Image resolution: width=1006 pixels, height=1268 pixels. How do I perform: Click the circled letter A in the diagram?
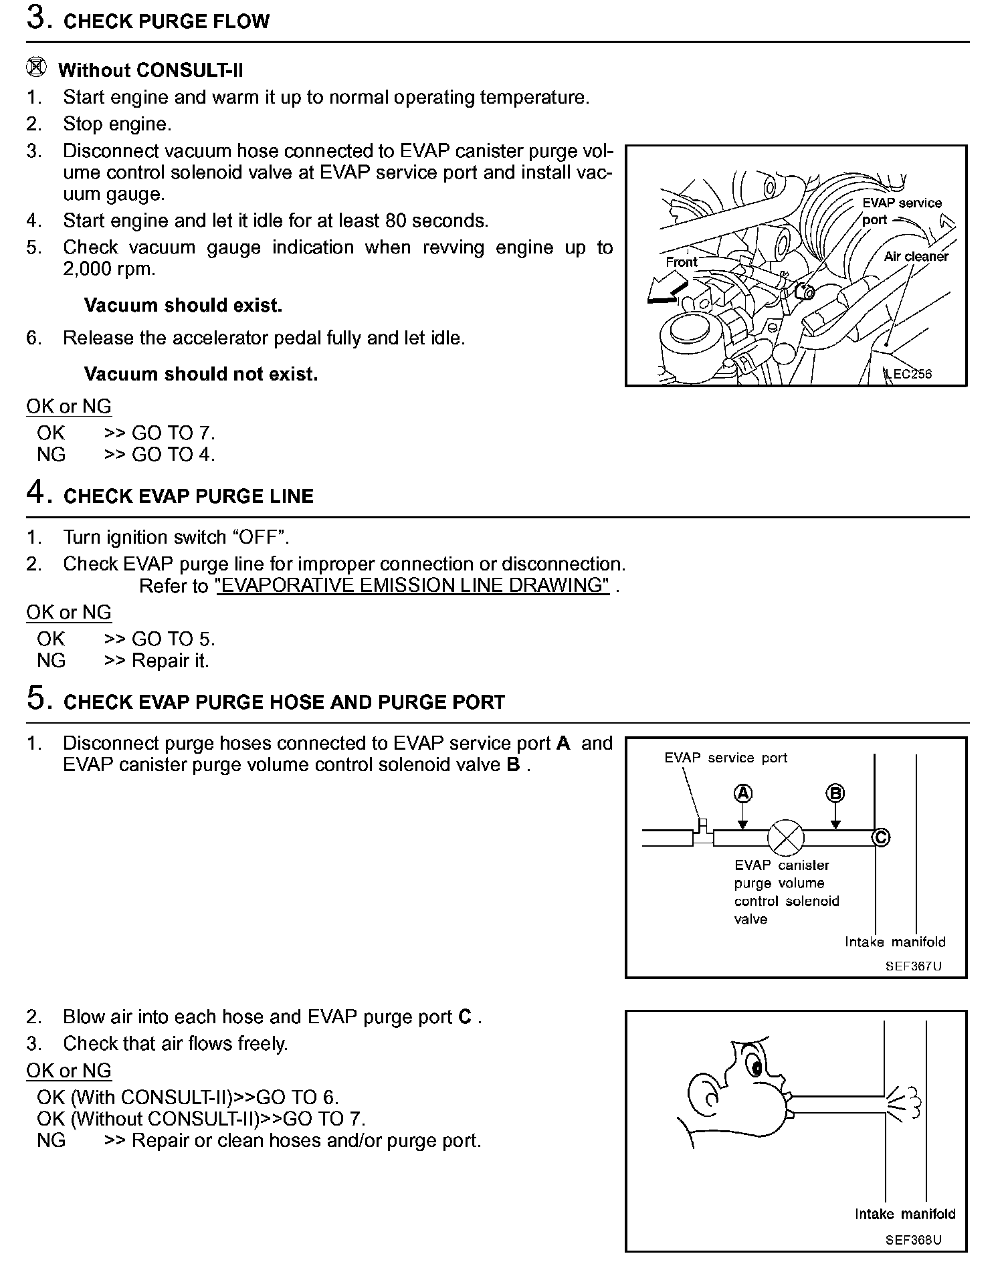point(743,794)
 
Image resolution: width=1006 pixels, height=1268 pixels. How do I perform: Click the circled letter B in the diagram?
point(835,794)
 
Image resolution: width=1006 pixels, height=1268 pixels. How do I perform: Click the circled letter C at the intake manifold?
point(881,837)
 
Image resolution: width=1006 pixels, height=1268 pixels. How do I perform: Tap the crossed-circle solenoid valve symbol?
point(784,837)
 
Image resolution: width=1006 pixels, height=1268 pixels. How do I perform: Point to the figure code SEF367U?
point(913,966)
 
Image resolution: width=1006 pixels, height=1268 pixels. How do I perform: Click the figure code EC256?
point(912,374)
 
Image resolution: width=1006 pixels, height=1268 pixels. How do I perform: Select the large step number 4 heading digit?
point(37,493)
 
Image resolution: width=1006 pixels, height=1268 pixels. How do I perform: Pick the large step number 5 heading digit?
point(37,699)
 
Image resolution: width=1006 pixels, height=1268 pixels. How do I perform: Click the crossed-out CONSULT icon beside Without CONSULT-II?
point(37,68)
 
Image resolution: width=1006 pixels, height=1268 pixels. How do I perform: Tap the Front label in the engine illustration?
point(681,262)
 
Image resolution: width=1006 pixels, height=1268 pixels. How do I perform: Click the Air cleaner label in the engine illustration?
point(916,256)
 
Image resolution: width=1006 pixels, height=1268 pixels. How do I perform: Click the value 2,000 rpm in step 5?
point(109,269)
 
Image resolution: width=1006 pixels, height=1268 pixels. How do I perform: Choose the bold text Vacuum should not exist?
point(201,374)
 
